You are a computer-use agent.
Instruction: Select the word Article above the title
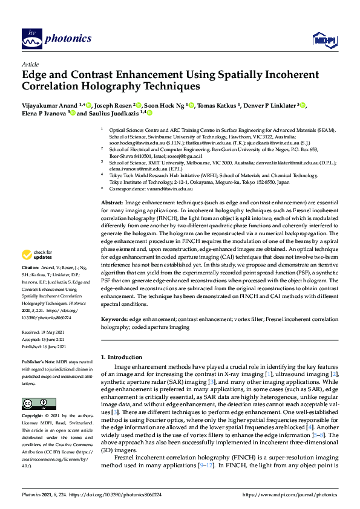[x=30, y=63]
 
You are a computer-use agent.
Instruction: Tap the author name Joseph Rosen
[x=111, y=105]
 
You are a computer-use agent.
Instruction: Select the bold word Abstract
[x=111, y=203]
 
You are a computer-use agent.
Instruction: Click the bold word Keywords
[x=114, y=319]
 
